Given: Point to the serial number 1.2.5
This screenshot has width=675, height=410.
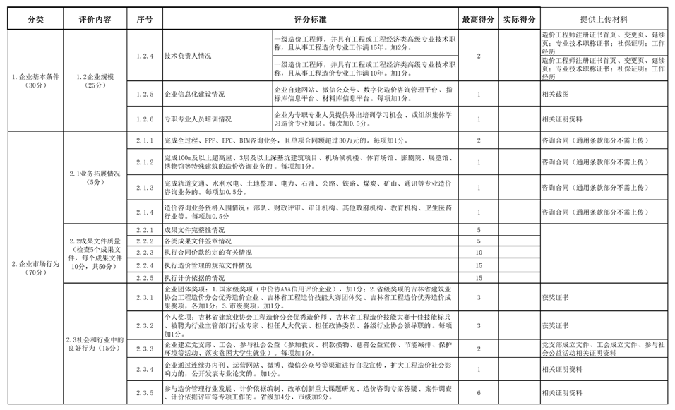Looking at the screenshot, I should (x=144, y=93).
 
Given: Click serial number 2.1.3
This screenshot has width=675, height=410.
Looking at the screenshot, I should (x=144, y=188).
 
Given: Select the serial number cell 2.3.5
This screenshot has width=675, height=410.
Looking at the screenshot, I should (x=144, y=392).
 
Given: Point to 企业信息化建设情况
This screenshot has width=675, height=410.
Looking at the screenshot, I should (x=194, y=93).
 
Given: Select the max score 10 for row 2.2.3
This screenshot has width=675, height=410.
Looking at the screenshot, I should (x=478, y=252).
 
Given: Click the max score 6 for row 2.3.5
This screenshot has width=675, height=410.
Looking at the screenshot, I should (x=478, y=392).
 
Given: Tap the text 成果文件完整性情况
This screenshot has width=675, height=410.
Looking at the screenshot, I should (x=194, y=230).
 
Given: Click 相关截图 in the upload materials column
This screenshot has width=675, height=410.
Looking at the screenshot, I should (x=555, y=93).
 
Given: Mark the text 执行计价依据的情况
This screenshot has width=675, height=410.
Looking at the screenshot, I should (x=194, y=278).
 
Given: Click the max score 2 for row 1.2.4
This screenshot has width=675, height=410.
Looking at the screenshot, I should (x=478, y=56).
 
